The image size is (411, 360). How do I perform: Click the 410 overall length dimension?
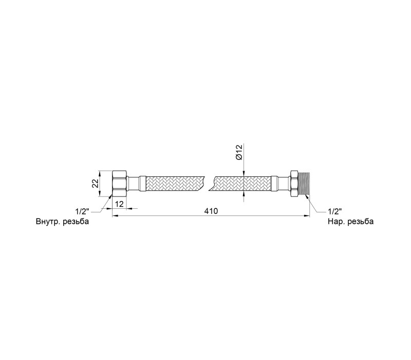pos(211,211)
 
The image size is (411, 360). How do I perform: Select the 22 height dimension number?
pos(95,183)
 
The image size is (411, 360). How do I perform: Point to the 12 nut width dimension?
pos(119,204)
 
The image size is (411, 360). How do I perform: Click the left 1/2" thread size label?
pos(82,211)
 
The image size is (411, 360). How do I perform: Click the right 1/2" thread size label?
pos(335,211)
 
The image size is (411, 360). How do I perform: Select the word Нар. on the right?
pos(336,222)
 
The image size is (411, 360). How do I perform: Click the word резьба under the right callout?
pos(361,222)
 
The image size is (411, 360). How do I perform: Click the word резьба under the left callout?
pos(76,221)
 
